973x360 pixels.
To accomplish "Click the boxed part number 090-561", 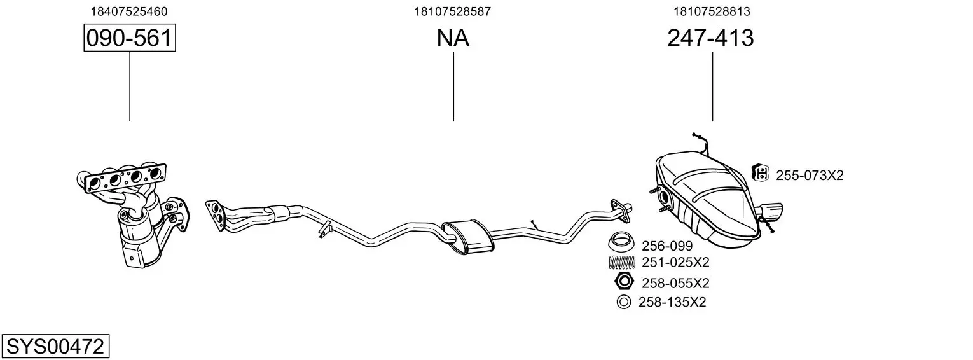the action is pos(130,38).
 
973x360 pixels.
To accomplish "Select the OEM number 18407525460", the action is pos(128,11).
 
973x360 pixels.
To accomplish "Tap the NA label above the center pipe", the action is pos(453,38).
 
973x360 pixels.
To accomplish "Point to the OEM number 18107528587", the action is pos(452,11).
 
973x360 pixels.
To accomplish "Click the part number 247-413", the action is pos(710,38).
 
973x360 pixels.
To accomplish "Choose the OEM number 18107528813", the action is pos(712,11).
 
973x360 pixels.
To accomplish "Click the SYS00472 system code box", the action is pos(55,346).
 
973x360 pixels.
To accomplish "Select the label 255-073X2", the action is pos(810,176).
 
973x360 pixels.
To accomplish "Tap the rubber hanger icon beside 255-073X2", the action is pos(760,173).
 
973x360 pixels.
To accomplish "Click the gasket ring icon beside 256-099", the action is pos(621,242).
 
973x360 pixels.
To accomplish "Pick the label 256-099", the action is pos(667,246).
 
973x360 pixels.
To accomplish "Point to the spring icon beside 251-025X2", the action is pos(621,263).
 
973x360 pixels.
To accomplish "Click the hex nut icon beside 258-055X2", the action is pos(625,281).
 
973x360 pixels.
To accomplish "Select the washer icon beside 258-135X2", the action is pos(623,302).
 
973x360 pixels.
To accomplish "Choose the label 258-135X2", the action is pos(672,302).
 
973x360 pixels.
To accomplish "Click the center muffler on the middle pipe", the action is pos(468,237).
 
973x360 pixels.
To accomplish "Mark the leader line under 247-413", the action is pos(712,87).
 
